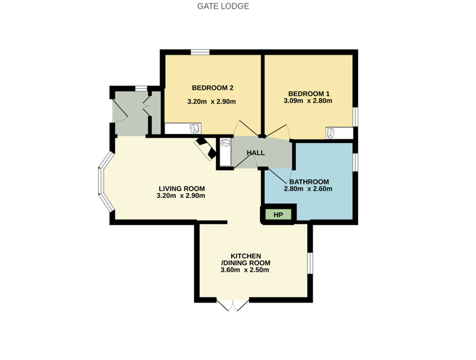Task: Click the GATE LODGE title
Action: (223, 6)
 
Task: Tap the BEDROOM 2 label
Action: (212, 88)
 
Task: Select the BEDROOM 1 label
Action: (309, 94)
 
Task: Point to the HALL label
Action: (256, 153)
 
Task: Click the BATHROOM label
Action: (309, 182)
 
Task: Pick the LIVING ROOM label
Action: (182, 189)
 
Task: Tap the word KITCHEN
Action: (245, 256)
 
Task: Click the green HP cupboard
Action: (278, 215)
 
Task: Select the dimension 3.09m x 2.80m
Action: (308, 101)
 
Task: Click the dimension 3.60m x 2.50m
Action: (245, 270)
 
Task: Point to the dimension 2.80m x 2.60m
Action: (308, 189)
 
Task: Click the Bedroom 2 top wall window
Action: (200, 52)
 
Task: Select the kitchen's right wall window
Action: (310, 263)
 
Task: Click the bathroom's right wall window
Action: (355, 162)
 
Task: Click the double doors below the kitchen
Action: (233, 305)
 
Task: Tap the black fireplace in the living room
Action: (205, 149)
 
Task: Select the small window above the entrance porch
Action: (141, 88)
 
